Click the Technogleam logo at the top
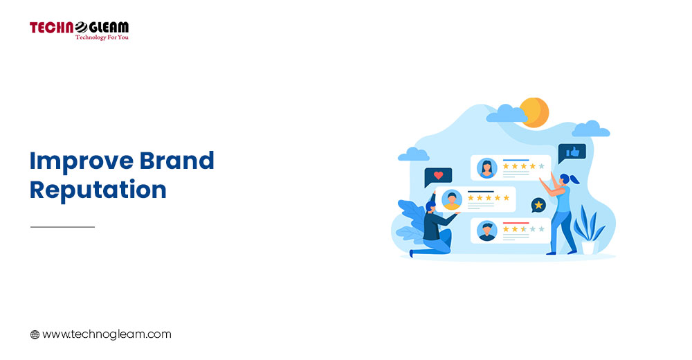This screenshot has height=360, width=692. coord(80,30)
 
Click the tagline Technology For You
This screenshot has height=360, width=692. coord(102,37)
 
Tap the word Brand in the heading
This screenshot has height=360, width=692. coord(177,161)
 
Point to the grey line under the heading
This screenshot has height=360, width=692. coord(63,227)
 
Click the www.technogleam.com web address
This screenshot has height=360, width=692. coord(107,334)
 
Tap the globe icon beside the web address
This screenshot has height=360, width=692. coord(35,335)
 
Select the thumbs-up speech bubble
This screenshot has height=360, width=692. coord(572,153)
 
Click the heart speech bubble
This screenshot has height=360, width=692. coord(438,177)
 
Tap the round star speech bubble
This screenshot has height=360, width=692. coord(538,205)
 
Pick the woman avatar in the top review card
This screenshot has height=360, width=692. coord(486,168)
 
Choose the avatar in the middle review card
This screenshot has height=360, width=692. coord(451,199)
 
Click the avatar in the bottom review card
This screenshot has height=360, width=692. coord(486,231)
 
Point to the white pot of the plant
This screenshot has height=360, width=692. coord(588,247)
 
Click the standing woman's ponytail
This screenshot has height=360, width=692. coord(574,179)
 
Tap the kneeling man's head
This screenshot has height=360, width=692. coord(430,206)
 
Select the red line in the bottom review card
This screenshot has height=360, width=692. coord(516,223)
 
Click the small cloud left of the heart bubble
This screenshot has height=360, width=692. coord(414,154)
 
